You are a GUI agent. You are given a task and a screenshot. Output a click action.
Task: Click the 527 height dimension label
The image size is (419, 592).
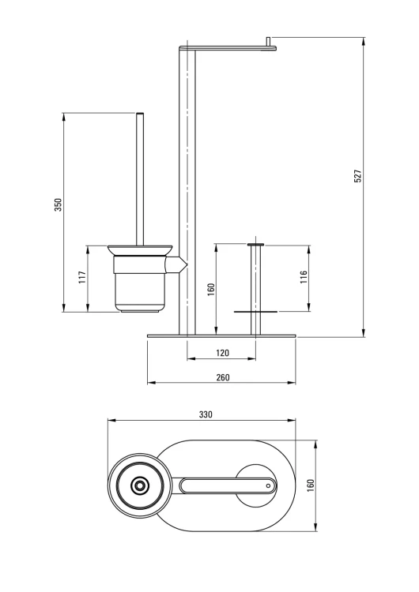tap(358, 176)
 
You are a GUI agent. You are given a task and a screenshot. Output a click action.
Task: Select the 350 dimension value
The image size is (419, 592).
tap(59, 204)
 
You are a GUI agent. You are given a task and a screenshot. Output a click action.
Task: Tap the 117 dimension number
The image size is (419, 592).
tap(82, 278)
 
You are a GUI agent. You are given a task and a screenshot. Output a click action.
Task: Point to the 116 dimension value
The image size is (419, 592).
tap(304, 278)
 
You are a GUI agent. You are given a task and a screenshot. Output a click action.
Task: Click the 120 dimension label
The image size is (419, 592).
tap(222, 353)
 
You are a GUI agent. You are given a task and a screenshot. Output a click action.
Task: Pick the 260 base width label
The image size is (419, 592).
tap(222, 377)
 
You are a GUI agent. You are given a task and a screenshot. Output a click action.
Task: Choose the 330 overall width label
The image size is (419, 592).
tap(206, 414)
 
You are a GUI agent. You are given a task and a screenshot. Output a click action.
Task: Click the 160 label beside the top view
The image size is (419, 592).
tap(311, 485)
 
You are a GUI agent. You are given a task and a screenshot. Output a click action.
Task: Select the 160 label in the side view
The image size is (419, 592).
tap(211, 290)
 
